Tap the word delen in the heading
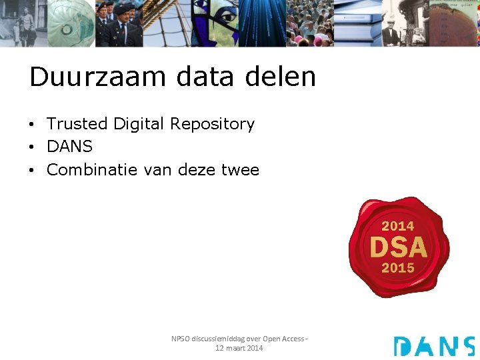click(x=280, y=77)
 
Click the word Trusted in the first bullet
click(x=77, y=124)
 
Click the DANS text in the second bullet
click(x=69, y=147)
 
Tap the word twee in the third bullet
click(x=238, y=170)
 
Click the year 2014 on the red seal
click(x=398, y=226)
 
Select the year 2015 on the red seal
click(x=398, y=268)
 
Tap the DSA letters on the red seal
click(x=398, y=247)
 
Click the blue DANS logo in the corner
click(x=433, y=346)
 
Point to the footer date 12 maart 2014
click(x=239, y=348)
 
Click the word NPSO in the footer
click(x=181, y=339)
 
